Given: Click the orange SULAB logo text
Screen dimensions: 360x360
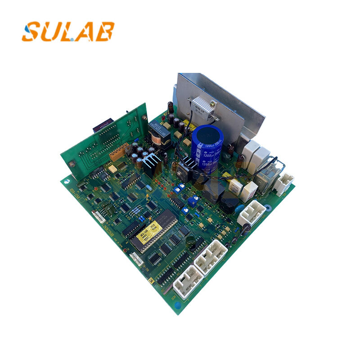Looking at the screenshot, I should (68, 31).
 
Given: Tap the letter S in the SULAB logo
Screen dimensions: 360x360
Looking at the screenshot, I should (31, 32).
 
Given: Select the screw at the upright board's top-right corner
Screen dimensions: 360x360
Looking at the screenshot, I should (144, 117).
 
